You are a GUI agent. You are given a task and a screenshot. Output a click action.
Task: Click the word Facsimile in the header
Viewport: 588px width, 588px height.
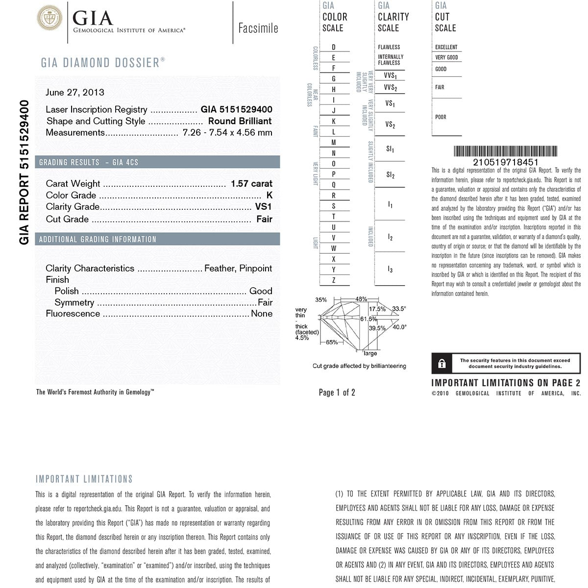tap(258, 28)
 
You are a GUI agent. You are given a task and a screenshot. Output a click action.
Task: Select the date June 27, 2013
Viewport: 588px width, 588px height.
tap(75, 92)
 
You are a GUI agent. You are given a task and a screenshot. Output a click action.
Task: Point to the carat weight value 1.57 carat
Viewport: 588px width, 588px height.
tap(251, 183)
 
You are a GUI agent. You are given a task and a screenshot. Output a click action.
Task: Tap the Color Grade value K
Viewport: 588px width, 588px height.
tap(269, 195)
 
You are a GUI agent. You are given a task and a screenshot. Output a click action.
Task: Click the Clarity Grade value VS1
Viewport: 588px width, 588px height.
tap(263, 207)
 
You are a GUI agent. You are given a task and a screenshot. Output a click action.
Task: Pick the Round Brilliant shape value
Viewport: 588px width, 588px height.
tap(240, 121)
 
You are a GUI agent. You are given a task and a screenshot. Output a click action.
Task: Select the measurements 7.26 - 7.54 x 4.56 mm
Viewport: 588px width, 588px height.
tap(227, 132)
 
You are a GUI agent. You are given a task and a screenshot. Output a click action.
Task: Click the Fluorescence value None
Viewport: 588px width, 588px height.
tap(262, 314)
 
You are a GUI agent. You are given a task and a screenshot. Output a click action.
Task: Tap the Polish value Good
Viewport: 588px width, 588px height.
tap(261, 291)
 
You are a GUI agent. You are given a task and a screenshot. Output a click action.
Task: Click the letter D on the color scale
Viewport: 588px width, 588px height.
tap(334, 47)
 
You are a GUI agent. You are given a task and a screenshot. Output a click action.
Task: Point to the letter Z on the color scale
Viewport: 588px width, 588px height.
tap(334, 280)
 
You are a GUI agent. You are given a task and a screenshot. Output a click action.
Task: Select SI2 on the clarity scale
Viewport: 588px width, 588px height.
tap(390, 175)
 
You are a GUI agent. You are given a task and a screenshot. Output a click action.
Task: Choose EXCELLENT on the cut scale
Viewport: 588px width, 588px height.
tap(446, 47)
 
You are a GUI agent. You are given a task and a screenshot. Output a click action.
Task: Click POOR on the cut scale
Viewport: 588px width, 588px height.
tap(441, 117)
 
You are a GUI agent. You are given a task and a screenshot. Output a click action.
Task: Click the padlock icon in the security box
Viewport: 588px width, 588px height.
tap(442, 364)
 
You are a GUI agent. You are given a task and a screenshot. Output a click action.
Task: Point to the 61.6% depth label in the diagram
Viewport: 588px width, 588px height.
tap(368, 319)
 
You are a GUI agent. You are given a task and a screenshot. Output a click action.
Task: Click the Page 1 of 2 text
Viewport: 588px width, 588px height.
tap(337, 392)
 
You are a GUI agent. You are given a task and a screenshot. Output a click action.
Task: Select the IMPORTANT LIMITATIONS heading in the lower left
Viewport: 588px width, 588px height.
tap(84, 479)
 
